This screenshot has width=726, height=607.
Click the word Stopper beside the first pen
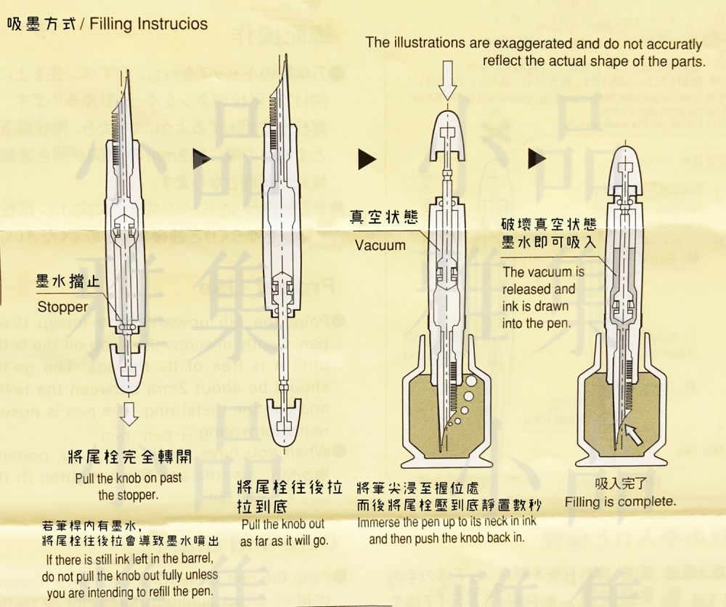[62, 307]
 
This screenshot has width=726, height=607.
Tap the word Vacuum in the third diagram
[380, 245]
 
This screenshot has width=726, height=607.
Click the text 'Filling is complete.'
[620, 502]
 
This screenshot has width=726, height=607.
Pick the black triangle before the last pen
[537, 158]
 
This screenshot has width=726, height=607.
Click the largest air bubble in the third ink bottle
[472, 382]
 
